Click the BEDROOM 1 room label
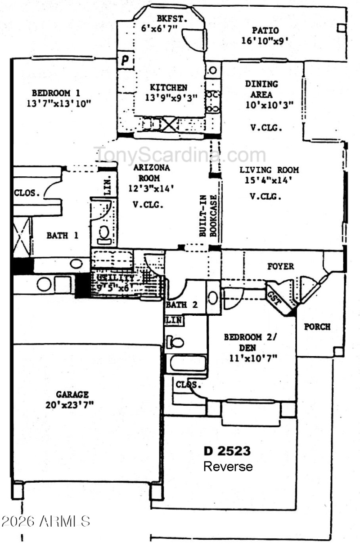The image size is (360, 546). point(56,94)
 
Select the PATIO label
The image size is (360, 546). point(265,31)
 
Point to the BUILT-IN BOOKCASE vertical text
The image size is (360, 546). point(208,216)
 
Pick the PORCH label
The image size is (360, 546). point(317,327)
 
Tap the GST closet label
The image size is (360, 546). point(274,299)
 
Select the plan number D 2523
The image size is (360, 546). point(227,451)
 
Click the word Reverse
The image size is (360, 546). point(228,466)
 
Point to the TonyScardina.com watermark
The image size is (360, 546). point(180,155)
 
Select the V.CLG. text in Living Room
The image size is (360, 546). point(265,197)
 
